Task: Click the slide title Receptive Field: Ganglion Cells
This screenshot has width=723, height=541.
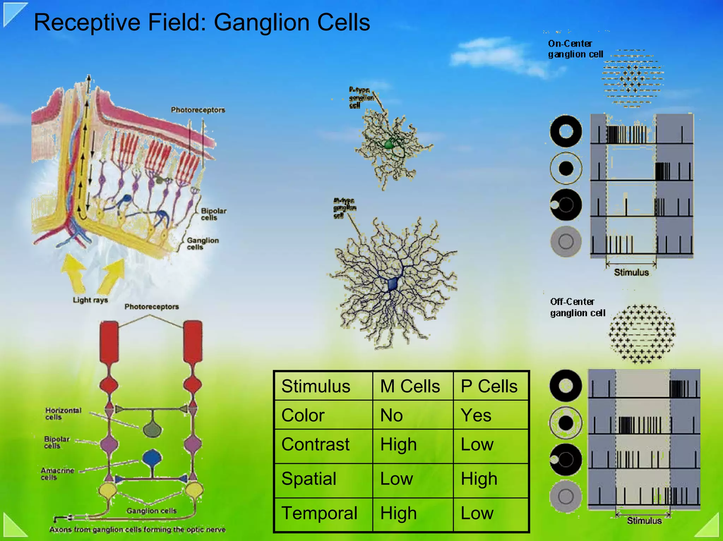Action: (202, 23)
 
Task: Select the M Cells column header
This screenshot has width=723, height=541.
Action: (410, 386)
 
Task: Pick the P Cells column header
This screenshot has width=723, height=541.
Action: (489, 386)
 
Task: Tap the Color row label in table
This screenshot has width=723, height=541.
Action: (303, 415)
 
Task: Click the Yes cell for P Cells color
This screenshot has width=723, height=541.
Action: (476, 415)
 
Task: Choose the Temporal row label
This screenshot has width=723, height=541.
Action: (319, 513)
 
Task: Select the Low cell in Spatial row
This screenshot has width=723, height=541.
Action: (396, 479)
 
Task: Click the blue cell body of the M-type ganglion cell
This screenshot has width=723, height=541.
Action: (393, 284)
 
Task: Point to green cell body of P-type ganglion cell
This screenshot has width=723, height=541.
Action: (389, 144)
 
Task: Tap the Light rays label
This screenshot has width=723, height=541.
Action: (90, 300)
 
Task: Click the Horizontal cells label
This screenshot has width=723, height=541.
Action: (63, 414)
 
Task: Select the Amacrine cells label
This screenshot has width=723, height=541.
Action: (57, 474)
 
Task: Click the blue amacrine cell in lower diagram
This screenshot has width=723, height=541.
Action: (152, 459)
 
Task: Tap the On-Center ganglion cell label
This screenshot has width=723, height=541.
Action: (575, 49)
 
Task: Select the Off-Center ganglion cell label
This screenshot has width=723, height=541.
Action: (578, 307)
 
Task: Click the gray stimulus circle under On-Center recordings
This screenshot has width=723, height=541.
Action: (566, 242)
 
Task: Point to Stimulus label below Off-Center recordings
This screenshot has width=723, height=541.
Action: (644, 521)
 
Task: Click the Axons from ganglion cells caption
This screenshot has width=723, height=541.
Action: (137, 530)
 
